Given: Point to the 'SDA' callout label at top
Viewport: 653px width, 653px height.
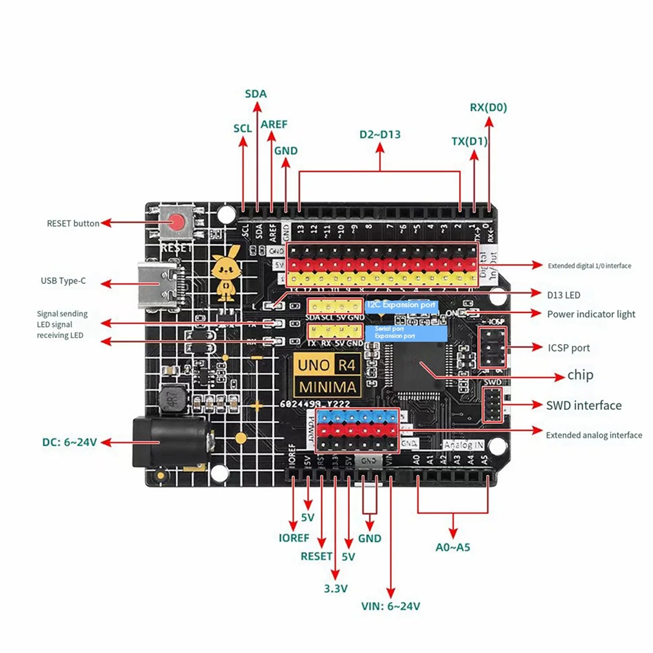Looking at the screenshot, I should (x=256, y=94).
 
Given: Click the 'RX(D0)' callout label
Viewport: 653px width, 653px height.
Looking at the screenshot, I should (x=488, y=107).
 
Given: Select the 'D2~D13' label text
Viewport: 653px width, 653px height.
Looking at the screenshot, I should (x=380, y=134).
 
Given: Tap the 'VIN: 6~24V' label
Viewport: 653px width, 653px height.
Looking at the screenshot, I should (x=391, y=606).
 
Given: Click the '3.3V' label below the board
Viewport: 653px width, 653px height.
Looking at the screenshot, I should (x=335, y=588).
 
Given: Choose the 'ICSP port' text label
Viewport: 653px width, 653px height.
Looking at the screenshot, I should (x=569, y=348).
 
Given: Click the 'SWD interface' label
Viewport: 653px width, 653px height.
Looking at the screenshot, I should (x=583, y=405).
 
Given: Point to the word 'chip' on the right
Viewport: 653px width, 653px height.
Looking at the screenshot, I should (x=580, y=375).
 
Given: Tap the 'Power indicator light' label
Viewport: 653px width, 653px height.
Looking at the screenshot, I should (x=591, y=314).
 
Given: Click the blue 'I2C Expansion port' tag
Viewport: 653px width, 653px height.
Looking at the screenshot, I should (x=401, y=305).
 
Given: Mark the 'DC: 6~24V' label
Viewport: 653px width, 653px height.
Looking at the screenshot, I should (x=70, y=442).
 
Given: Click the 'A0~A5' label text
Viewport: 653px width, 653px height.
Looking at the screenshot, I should (x=453, y=547).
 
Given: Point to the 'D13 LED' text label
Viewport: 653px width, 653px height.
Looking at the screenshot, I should (x=563, y=295).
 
